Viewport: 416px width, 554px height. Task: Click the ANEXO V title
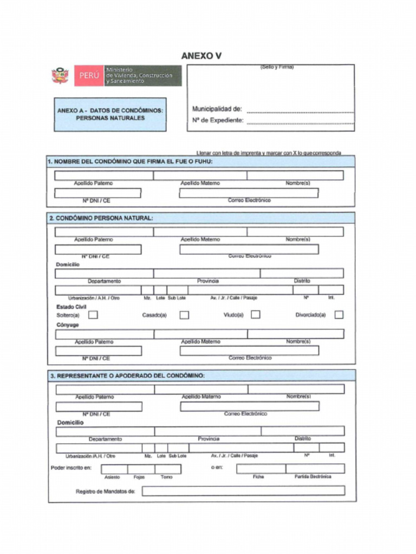pos(201,56)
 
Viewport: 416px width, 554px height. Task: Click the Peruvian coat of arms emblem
pos(60,76)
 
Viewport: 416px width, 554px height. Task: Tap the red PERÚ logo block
pos(88,76)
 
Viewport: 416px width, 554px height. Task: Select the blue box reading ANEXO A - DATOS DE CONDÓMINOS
pos(110,114)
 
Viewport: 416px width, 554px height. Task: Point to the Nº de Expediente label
pos(217,120)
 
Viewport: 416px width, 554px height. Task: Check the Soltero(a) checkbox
pos(93,314)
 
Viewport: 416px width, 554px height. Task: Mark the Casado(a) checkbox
pos(184,314)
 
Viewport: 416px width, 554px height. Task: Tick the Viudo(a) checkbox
pos(255,314)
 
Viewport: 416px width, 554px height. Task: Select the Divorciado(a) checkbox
pos(339,314)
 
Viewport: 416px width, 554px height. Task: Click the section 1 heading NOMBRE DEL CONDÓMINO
pos(130,161)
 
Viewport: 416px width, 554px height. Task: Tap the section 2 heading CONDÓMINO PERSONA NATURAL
pos(101,218)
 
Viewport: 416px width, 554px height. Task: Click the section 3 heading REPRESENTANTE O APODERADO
pos(128,375)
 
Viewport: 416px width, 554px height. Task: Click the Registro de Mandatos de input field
pos(243,491)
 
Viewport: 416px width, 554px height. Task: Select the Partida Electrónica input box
pos(315,469)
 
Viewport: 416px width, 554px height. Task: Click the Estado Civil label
pos(71,306)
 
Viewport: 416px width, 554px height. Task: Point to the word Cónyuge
pos(68,325)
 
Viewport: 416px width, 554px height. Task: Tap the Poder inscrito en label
pos(71,467)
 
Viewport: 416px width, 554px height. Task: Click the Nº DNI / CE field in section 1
pos(98,193)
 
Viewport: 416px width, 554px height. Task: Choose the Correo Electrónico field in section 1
pos(249,193)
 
